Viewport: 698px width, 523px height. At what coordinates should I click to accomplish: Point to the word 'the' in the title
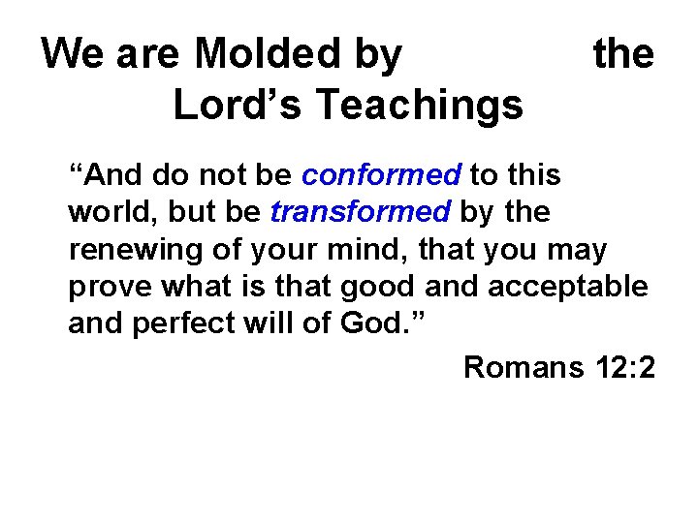[623, 54]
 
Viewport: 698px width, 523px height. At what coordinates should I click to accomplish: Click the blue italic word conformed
[382, 175]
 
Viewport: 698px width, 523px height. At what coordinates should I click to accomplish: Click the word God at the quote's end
[372, 323]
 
